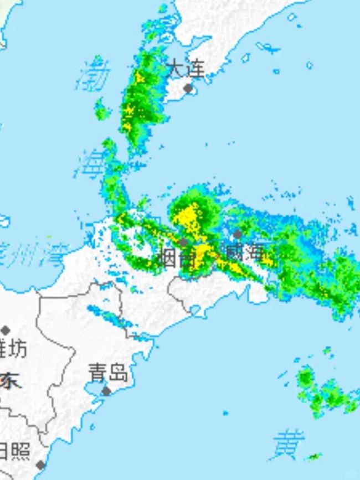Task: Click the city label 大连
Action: (186, 69)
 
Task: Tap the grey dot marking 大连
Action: (188, 88)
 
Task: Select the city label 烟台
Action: (177, 257)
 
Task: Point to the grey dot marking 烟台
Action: (183, 242)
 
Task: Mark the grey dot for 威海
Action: (237, 235)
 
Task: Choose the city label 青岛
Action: (108, 374)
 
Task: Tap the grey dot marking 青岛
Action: (106, 391)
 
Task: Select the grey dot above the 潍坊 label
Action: (6, 331)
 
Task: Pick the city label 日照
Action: (15, 452)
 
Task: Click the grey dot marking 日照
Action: (40, 464)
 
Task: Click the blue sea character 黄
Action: (289, 445)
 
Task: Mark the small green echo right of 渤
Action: (101, 110)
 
